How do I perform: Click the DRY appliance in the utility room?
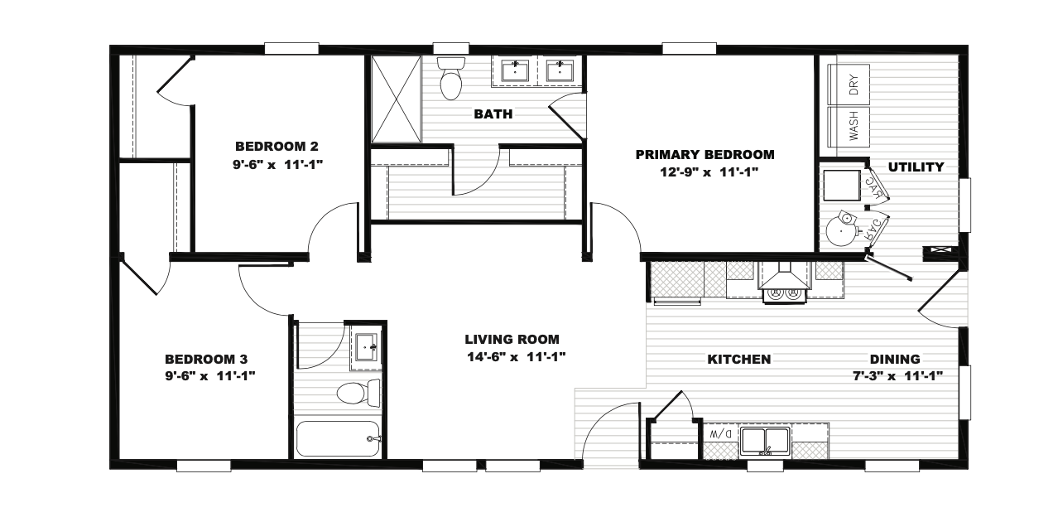tap(849, 85)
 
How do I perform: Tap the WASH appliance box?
tap(849, 127)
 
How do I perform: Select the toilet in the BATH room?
tap(451, 79)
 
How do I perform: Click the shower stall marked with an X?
tap(397, 99)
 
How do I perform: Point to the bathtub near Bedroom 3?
tap(339, 439)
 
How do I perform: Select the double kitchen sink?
tap(765, 441)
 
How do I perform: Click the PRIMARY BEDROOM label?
tap(705, 155)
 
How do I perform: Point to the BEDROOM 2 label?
tap(277, 146)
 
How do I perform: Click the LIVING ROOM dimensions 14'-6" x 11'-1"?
tap(517, 357)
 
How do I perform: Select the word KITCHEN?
tap(739, 360)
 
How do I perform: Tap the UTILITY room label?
tap(916, 167)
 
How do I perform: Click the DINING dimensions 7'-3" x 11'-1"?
tap(898, 376)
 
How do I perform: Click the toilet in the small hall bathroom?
tap(358, 393)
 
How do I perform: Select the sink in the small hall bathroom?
tap(367, 348)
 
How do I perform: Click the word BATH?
tap(493, 114)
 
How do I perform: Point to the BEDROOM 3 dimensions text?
tap(210, 376)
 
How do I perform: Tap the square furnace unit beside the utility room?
tap(842, 186)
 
